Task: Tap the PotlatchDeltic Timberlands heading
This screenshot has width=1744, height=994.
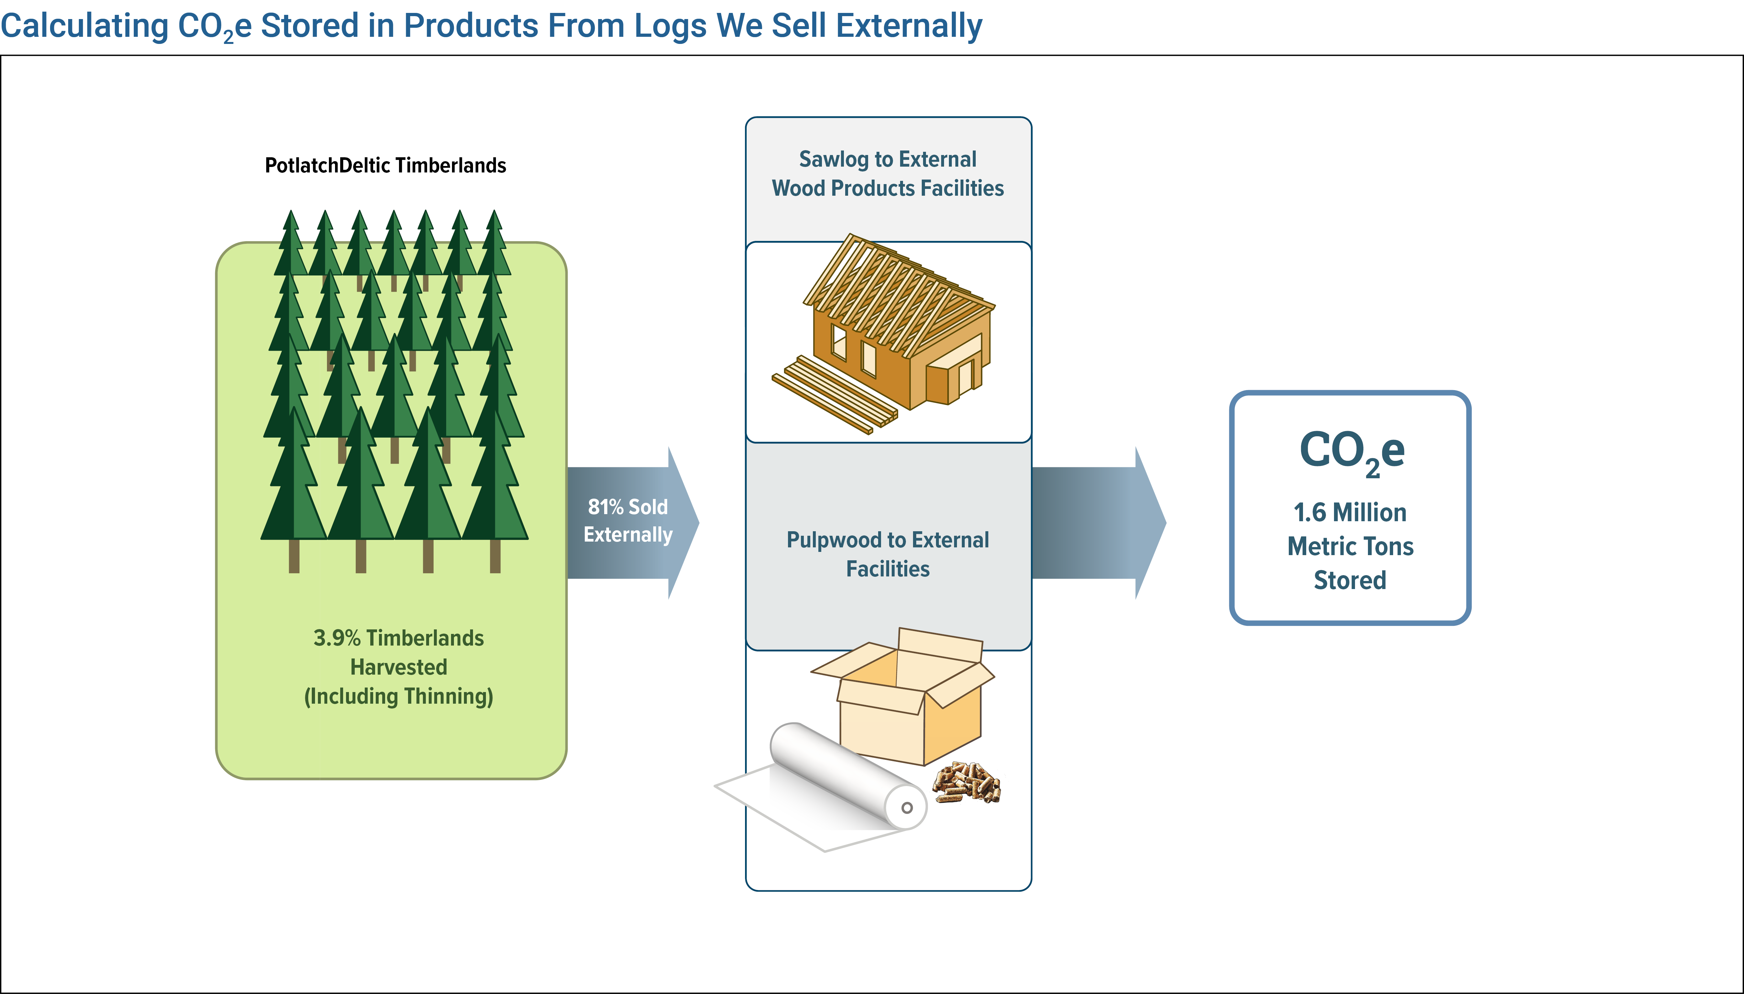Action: click(x=385, y=165)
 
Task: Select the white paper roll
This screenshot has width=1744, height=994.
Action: click(x=826, y=785)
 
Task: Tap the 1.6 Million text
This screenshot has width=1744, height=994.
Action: click(x=1350, y=512)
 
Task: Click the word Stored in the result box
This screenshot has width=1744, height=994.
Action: click(x=1350, y=580)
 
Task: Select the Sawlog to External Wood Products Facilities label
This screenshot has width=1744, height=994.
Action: click(x=888, y=173)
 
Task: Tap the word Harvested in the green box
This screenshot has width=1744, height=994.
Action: click(x=399, y=667)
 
